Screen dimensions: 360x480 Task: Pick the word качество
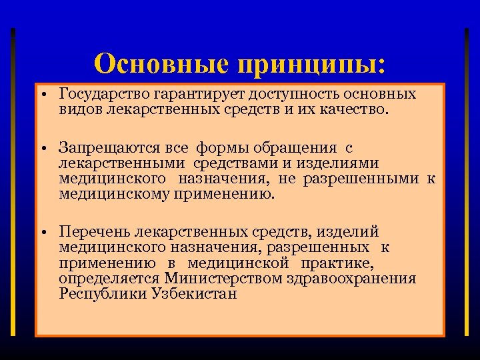(351, 109)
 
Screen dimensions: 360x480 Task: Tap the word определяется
(109, 278)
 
